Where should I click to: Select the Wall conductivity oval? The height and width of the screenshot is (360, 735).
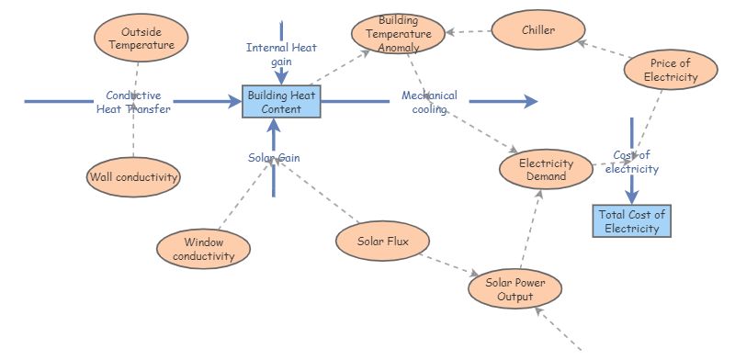[133, 176]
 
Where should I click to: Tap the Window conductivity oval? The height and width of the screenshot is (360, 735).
[203, 248]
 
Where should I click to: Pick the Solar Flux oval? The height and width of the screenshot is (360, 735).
[381, 242]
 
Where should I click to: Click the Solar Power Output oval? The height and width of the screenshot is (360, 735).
[514, 289]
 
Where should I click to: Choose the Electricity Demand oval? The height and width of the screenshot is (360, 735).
[546, 170]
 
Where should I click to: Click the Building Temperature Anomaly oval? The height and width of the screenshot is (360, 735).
[399, 33]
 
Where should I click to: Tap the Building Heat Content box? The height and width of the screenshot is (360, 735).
[281, 102]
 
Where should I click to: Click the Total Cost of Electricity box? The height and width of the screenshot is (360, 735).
[632, 221]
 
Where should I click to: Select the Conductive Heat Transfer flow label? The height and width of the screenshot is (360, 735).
[133, 102]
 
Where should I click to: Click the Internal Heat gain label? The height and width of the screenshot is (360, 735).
[280, 53]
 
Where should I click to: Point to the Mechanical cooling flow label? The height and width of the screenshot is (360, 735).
[429, 102]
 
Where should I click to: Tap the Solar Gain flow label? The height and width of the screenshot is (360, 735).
[274, 157]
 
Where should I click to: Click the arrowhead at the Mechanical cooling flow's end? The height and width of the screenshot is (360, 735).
[530, 102]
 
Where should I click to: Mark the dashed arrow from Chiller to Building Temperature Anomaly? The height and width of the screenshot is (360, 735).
[469, 32]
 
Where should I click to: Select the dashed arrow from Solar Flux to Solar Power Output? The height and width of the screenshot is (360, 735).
[450, 264]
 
